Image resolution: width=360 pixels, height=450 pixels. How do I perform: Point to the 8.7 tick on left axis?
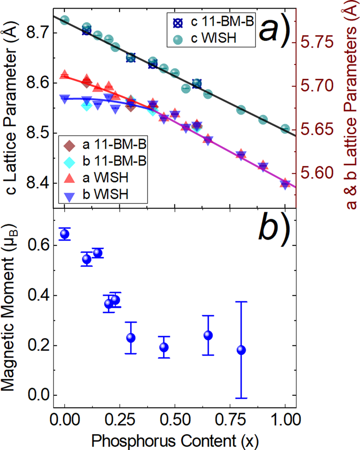36,33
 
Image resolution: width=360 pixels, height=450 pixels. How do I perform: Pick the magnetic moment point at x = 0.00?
64,234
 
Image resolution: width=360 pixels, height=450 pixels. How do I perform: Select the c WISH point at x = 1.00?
285,129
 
